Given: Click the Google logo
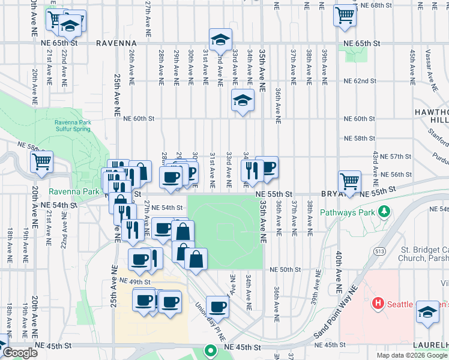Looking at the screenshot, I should pos(20,353).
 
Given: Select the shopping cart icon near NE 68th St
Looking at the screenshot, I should pos(345,14).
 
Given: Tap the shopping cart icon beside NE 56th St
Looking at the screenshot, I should pos(349,179).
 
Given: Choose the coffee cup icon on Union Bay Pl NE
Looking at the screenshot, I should pos(217,305).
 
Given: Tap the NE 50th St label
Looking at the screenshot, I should pos(283,270).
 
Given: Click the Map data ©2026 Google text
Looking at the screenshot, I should pos(411,355).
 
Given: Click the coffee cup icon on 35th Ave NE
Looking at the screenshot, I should pos(267,167).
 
